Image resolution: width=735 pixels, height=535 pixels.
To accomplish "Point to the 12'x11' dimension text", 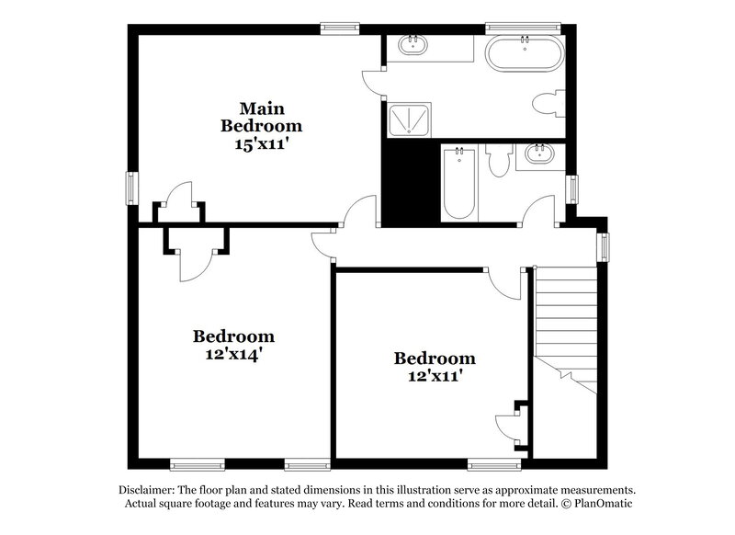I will [435, 374].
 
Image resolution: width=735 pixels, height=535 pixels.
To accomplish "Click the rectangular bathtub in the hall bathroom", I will [458, 185].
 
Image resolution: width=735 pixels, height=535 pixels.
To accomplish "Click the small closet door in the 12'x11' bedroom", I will [508, 425].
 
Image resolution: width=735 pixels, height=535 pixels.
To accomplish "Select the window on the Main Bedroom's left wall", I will [132, 188].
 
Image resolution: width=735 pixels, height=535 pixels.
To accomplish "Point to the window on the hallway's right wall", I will [604, 246].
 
